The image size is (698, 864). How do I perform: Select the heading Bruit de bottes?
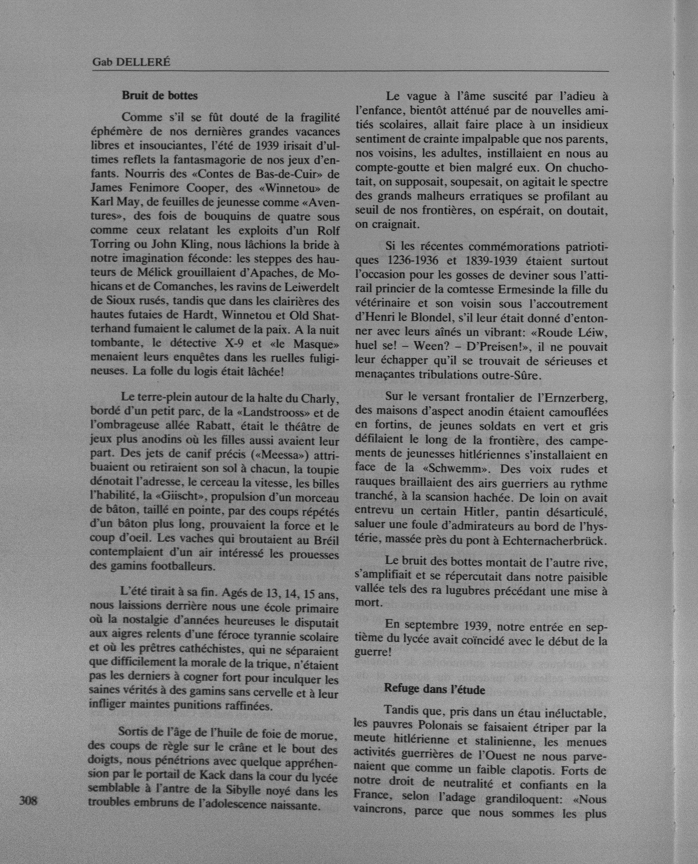coord(160,96)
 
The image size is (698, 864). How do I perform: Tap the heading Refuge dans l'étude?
coord(435,689)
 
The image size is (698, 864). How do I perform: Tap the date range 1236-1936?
coord(414,261)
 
